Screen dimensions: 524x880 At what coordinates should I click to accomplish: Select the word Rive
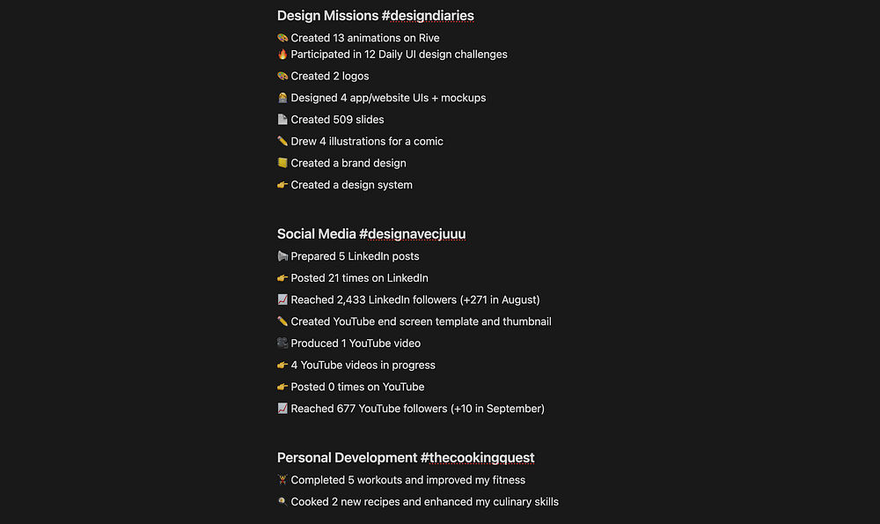tap(429, 38)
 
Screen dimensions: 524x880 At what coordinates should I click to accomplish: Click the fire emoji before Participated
tap(282, 55)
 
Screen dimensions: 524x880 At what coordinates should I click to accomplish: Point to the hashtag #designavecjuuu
tap(412, 234)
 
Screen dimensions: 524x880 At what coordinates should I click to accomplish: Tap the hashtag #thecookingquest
tap(477, 458)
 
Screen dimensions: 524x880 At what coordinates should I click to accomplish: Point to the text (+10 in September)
tap(497, 409)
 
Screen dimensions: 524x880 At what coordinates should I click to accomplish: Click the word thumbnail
tap(527, 321)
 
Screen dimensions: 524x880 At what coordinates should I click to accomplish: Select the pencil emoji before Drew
tap(282, 142)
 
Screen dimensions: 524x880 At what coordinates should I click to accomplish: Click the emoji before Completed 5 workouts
tap(282, 480)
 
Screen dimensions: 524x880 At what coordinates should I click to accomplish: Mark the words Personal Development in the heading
tap(347, 458)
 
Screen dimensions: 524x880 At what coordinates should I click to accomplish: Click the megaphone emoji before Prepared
tap(282, 256)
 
